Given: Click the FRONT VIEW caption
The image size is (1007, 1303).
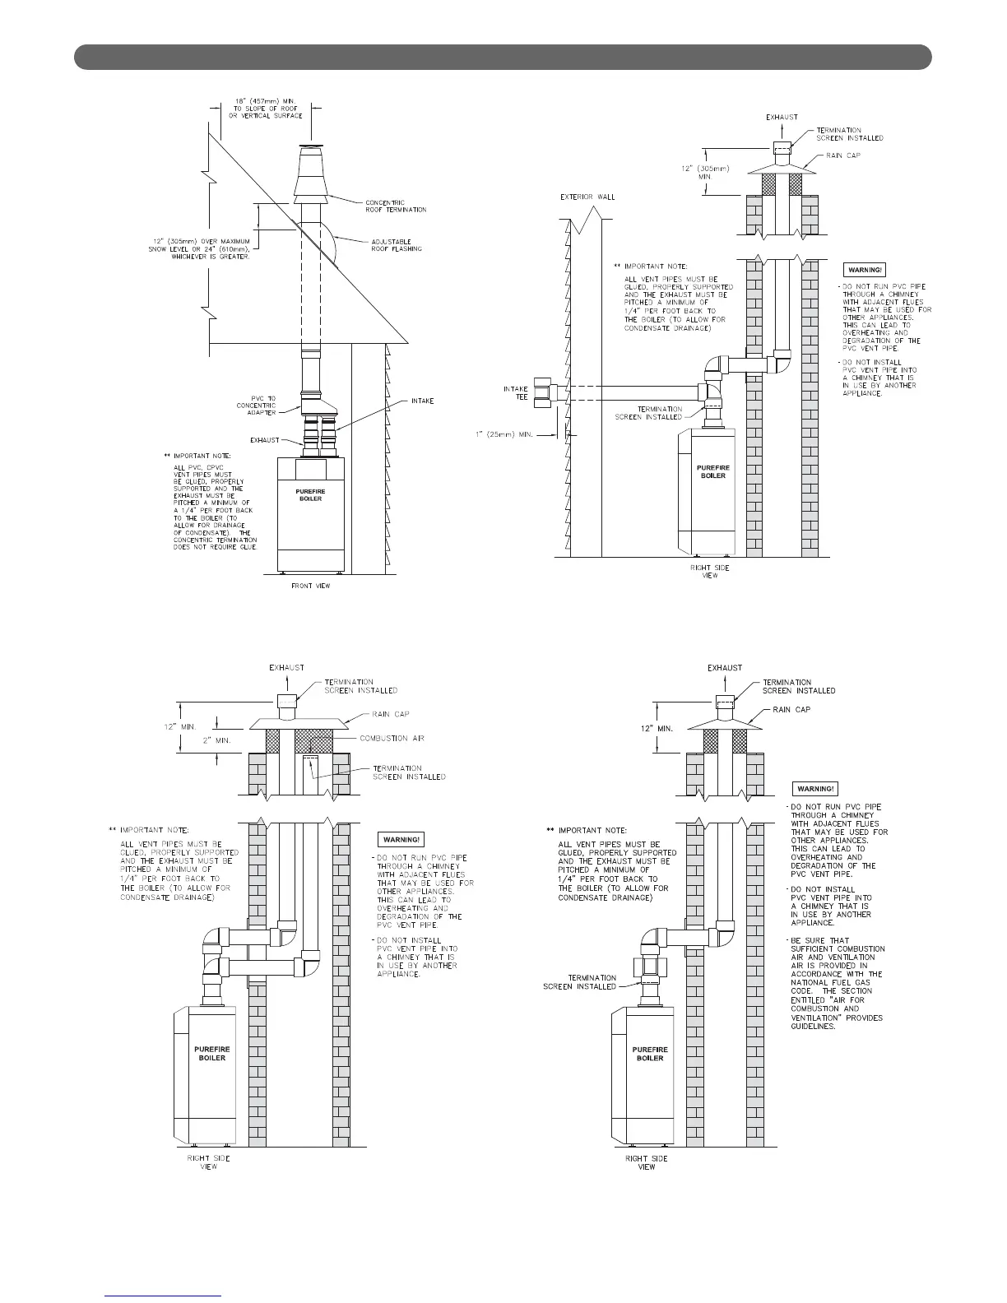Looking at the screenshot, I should pos(312,586).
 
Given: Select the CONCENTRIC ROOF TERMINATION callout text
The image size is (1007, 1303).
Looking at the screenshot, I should pos(396,206).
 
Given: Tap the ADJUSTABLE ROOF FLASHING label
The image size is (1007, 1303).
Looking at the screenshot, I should pos(391,244).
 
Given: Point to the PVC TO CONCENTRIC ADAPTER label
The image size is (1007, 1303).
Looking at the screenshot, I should pos(256,405).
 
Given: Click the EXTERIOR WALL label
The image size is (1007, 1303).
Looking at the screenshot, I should pos(587,197).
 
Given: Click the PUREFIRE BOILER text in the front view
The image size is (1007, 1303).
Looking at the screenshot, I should pos(311,495).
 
